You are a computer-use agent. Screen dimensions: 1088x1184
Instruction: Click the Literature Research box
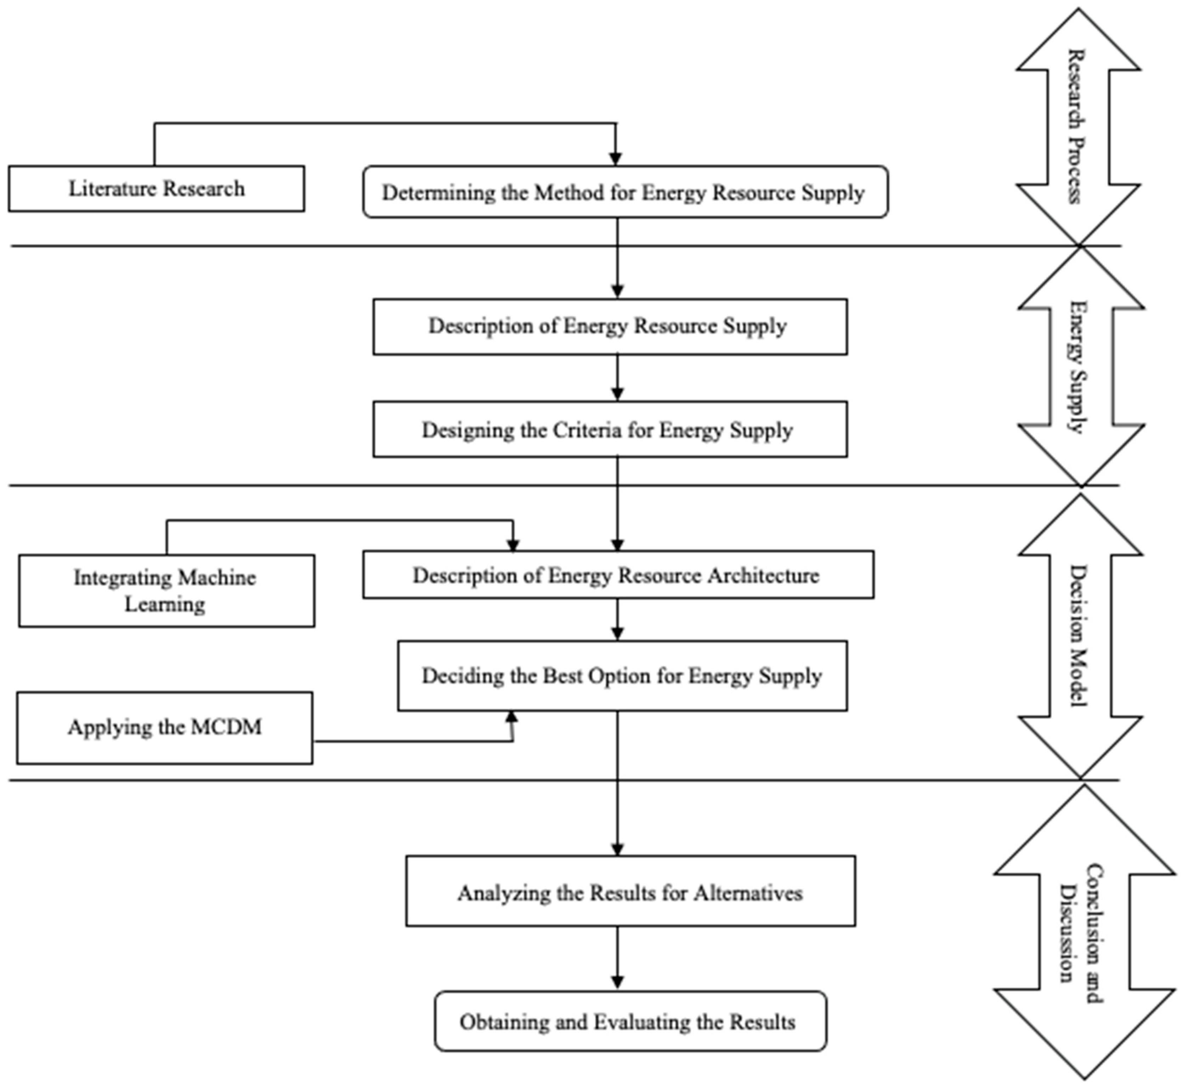[x=156, y=188]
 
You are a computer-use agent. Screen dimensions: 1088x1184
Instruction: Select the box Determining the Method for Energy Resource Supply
[x=625, y=192]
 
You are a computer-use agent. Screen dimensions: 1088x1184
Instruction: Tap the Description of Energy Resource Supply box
[x=610, y=326]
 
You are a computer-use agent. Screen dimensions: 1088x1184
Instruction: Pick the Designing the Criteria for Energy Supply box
[x=610, y=430]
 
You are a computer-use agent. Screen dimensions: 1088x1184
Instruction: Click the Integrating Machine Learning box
[x=166, y=591]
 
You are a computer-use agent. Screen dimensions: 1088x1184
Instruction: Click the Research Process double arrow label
[x=1077, y=127]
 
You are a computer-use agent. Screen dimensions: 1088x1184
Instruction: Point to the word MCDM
[x=226, y=728]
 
